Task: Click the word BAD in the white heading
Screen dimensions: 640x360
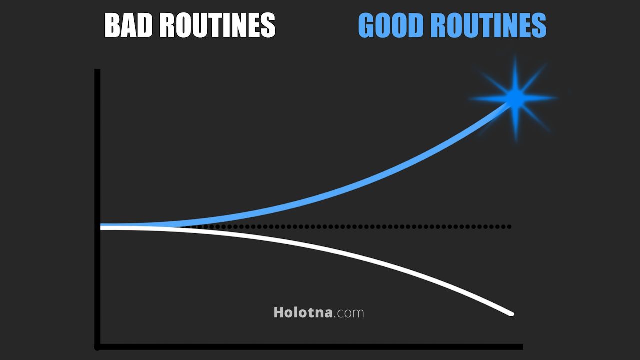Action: (x=128, y=25)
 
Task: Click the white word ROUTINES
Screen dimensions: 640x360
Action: (x=217, y=25)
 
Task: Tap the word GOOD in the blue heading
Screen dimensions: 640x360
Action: (x=391, y=25)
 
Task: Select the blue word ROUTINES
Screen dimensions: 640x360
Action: (x=489, y=25)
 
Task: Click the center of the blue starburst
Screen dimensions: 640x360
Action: (x=516, y=97)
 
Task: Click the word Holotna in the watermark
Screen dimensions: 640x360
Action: (x=303, y=312)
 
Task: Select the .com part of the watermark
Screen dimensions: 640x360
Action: (x=349, y=313)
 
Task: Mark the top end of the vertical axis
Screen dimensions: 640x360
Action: (x=97, y=69)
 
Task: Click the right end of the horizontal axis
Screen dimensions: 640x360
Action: (x=522, y=347)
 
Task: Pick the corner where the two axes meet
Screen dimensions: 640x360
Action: (x=97, y=347)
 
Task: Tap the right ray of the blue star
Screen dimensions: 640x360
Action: (x=540, y=98)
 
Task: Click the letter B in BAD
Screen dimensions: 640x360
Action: (x=112, y=25)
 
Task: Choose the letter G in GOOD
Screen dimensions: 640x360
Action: (x=367, y=25)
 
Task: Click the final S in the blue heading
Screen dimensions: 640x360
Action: (x=539, y=25)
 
